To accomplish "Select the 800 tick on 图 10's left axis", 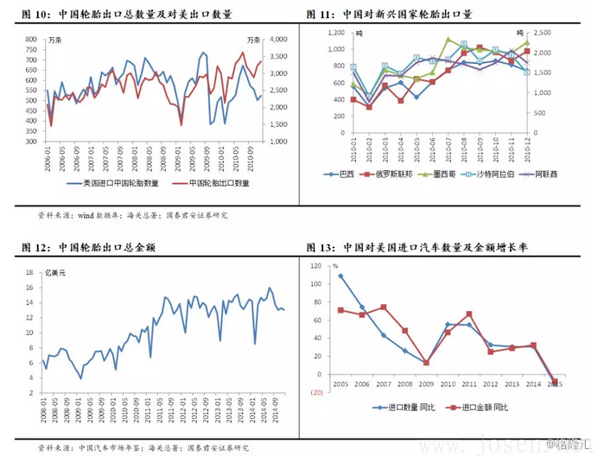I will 30,39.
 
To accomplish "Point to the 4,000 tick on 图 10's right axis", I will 277,39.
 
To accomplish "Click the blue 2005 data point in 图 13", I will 340,276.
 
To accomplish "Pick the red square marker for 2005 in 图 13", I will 340,310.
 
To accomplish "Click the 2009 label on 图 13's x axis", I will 425,382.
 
